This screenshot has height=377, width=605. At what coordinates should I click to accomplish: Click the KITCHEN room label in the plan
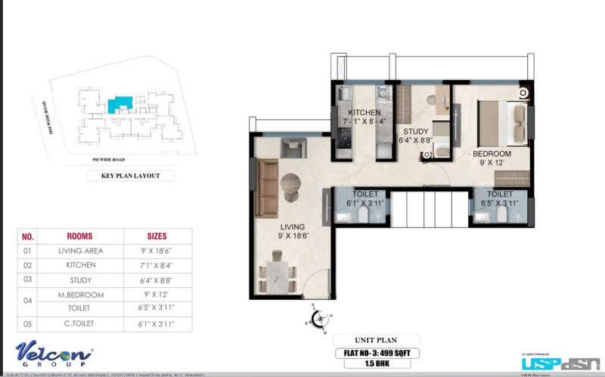point(364,112)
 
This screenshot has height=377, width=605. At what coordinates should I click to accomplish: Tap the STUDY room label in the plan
point(415,131)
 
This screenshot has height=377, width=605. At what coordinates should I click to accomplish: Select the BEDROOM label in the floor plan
point(492,153)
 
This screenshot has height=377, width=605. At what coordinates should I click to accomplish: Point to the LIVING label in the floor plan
point(291,227)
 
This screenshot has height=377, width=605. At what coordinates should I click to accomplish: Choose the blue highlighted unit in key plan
point(119,104)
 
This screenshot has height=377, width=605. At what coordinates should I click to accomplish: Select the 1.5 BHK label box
point(375,364)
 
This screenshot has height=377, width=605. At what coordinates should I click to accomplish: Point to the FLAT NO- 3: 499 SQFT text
point(376,352)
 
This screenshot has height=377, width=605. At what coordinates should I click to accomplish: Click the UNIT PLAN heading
point(376,340)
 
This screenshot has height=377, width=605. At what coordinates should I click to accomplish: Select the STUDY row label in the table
point(80,280)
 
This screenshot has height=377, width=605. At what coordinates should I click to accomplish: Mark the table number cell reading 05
point(28,324)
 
